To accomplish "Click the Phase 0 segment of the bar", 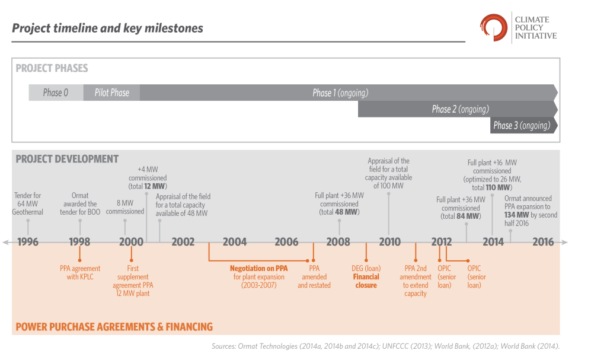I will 56,93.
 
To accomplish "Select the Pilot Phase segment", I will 111,93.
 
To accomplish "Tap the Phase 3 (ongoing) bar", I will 522,125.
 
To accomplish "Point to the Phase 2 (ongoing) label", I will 460,109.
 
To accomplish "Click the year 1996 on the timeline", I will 28,242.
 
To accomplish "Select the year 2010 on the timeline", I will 389,242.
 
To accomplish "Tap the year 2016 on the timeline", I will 543,242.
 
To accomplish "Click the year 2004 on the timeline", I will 235,242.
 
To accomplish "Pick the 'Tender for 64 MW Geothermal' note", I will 28,203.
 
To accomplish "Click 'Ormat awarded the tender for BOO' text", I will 80,203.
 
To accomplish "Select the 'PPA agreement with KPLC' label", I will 80,272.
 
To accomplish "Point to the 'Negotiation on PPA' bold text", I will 258,268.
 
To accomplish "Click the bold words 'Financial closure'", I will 366,281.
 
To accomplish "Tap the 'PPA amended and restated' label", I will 314,276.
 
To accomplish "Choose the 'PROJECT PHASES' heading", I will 52,68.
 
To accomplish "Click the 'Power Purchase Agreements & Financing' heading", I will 114,327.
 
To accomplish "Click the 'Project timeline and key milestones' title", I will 107,28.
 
